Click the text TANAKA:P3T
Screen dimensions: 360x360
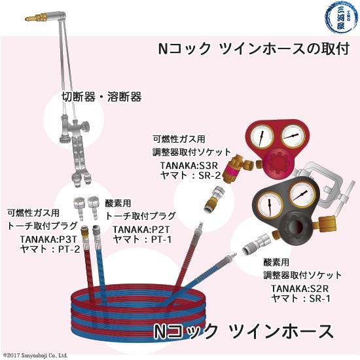coord(48,239)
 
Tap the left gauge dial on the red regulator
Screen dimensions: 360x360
coord(261,139)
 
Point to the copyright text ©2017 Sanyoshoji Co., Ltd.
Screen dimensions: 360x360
coord(35,355)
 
